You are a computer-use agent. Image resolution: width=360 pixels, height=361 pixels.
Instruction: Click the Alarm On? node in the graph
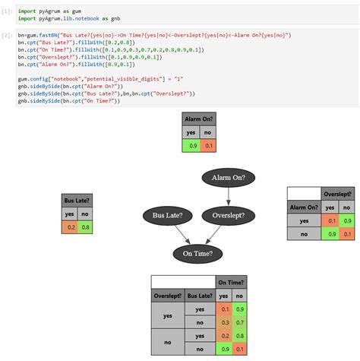[229, 178]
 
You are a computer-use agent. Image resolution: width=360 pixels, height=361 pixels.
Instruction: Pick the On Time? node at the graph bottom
[197, 253]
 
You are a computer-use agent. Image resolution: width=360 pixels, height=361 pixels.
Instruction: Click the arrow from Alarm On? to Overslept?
[229, 196]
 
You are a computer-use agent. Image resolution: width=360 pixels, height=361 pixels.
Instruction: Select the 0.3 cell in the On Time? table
[225, 322]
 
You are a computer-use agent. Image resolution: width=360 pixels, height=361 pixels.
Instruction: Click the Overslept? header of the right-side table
[337, 194]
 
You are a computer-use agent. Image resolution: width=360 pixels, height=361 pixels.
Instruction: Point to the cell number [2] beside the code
[7, 36]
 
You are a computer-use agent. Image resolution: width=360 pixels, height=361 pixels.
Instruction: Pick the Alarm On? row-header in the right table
[303, 206]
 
